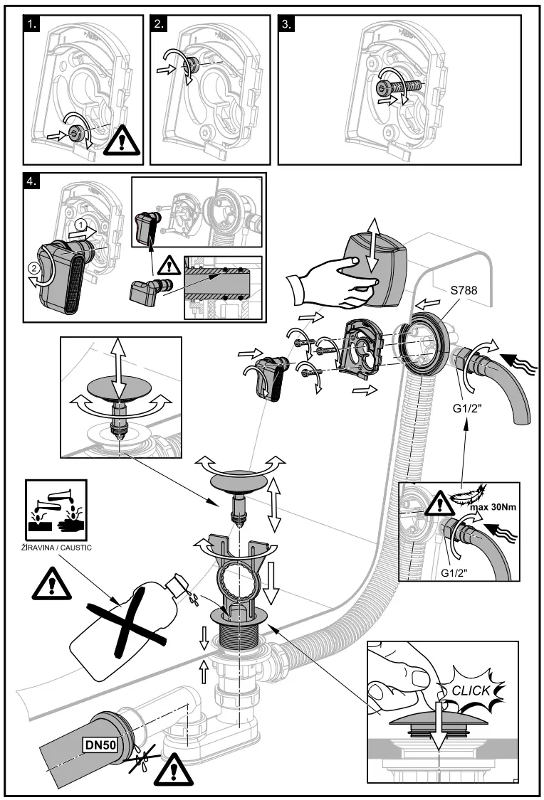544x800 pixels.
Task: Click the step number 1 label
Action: click(31, 24)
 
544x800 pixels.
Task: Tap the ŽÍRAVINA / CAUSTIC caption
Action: click(55, 548)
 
